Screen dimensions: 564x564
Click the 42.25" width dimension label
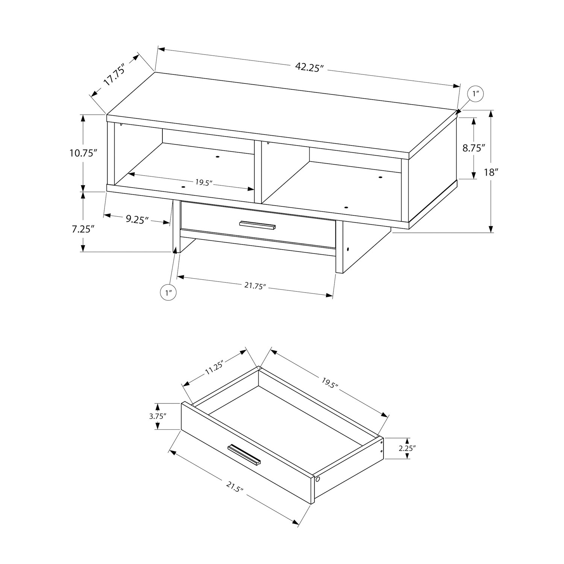pyautogui.click(x=309, y=68)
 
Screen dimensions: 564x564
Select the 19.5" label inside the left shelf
pyautogui.click(x=204, y=182)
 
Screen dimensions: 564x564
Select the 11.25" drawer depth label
pyautogui.click(x=214, y=368)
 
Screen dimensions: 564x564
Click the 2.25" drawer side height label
pyautogui.click(x=407, y=449)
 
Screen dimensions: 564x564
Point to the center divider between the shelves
pyautogui.click(x=258, y=172)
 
